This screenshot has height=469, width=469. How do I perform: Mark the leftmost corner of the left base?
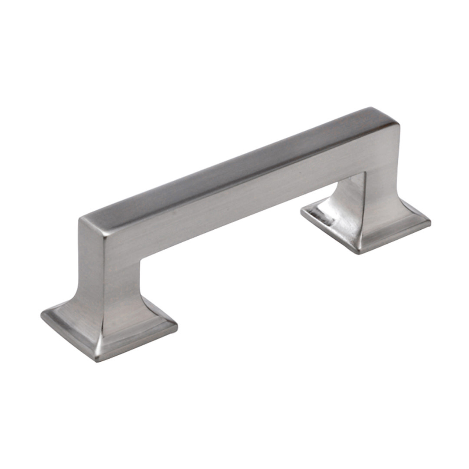pyautogui.click(x=42, y=314)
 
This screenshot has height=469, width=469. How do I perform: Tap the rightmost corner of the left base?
pyautogui.click(x=176, y=325)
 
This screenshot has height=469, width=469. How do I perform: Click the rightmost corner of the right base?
pyautogui.click(x=430, y=222)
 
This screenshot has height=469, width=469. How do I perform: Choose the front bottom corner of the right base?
pyautogui.click(x=359, y=253)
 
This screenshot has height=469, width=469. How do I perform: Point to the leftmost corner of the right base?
pyautogui.click(x=301, y=211)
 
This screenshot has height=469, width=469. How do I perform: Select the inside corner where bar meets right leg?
pyautogui.click(x=364, y=173)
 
